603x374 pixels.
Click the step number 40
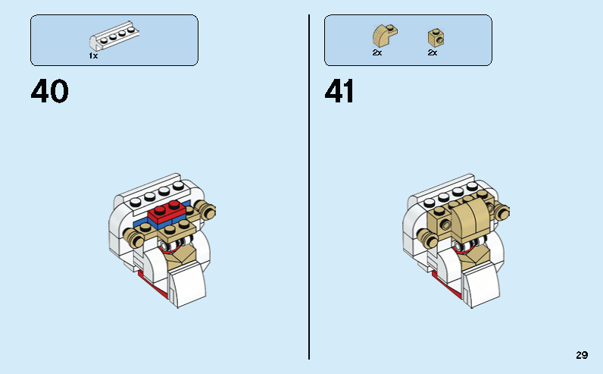point(50,92)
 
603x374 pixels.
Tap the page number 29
point(582,355)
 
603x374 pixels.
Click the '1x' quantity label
point(93,55)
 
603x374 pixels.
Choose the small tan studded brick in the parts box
point(434,37)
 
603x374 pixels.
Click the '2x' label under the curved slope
point(376,53)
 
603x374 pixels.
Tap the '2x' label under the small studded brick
point(433,53)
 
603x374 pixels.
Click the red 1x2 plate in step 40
point(168,214)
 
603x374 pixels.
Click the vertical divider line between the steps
point(309,187)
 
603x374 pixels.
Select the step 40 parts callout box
point(114,39)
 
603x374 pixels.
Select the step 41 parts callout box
point(408,39)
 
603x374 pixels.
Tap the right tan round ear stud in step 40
point(205,210)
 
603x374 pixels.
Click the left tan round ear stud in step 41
point(432,240)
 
